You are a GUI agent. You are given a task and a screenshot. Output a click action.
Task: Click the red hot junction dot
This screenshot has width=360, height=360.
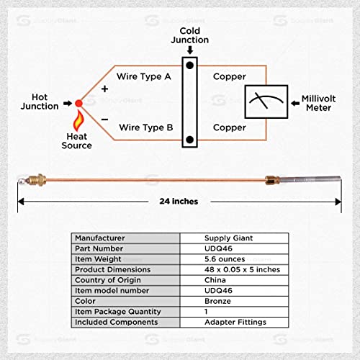click(x=78, y=103)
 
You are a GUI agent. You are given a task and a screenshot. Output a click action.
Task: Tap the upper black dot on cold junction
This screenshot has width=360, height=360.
click(x=189, y=66)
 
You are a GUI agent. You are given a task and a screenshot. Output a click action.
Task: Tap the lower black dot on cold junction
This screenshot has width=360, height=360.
click(x=189, y=139)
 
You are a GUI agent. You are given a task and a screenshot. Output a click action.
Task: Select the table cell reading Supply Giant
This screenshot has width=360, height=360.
click(x=230, y=238)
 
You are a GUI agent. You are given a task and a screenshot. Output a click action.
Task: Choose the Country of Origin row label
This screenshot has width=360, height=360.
click(x=108, y=280)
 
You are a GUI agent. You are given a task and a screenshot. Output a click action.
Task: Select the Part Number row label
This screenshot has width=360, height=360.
click(x=99, y=248)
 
